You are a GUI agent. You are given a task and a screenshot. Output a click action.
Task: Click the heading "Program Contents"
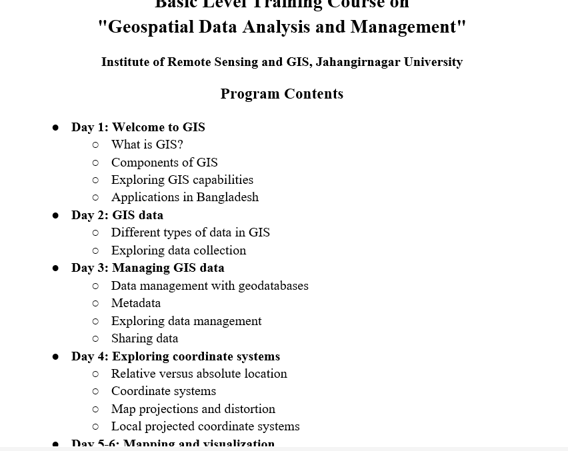[281, 94]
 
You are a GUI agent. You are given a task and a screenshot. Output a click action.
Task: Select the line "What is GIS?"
[147, 145]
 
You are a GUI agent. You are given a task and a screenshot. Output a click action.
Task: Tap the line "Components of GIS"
[164, 163]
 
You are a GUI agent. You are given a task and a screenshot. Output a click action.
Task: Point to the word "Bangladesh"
[227, 197]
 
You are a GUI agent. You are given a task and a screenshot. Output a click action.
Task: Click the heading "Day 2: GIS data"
[117, 215]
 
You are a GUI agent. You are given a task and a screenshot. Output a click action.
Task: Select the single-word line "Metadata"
[136, 303]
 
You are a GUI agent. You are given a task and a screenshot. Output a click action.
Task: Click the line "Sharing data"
[145, 338]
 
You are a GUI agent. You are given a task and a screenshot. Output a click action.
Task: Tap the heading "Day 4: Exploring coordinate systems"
[175, 356]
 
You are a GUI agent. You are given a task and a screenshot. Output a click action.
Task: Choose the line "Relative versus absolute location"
[199, 374]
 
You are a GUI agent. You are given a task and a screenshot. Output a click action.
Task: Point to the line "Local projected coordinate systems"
[205, 426]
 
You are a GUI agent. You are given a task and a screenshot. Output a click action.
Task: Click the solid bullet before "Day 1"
[56, 127]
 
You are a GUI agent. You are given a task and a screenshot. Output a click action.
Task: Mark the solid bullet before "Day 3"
[56, 268]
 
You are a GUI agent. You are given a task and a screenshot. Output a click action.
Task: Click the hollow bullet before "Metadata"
[95, 303]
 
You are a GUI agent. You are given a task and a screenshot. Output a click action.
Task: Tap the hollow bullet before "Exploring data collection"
[95, 250]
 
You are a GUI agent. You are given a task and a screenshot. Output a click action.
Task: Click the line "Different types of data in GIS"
[190, 232]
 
